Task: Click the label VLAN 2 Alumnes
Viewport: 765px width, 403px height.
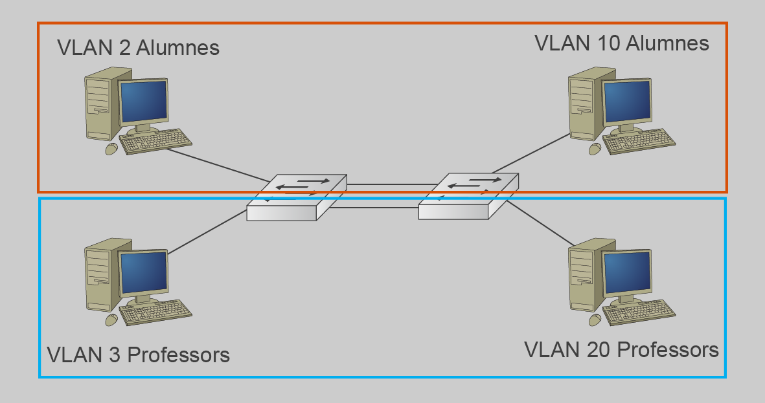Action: coord(138,48)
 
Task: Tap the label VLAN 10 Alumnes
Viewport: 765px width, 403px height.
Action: coord(622,43)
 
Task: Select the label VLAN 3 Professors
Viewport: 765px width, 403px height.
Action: coord(139,354)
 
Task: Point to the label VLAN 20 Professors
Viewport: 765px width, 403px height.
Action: coord(621,350)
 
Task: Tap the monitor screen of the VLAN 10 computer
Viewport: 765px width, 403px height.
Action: coord(626,100)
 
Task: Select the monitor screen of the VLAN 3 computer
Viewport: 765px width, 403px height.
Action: coord(144,272)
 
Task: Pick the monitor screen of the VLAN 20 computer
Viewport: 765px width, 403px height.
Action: coord(626,272)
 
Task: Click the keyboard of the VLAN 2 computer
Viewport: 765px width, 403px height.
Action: coord(156,142)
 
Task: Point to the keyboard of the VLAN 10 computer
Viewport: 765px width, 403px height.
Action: coord(639,141)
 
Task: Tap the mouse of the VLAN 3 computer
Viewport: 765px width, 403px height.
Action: coord(111,320)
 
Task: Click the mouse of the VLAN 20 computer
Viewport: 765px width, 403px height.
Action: coord(594,320)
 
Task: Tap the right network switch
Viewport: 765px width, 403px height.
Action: coord(468,195)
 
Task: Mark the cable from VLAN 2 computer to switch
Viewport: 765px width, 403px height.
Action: coord(217,164)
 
